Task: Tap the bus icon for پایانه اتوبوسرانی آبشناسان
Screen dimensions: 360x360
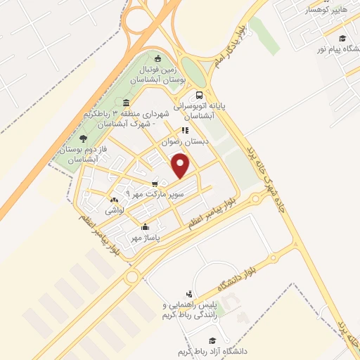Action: coord(200,96)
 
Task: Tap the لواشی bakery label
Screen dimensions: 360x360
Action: coord(115,210)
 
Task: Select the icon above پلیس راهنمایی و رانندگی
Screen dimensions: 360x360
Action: coord(188,294)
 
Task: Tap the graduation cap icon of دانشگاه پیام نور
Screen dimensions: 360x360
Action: coord(342,39)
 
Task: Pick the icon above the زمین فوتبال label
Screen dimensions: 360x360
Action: coord(157,58)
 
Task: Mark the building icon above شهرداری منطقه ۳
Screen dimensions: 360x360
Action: coord(126,103)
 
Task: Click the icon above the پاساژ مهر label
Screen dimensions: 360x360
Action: coord(145,227)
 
